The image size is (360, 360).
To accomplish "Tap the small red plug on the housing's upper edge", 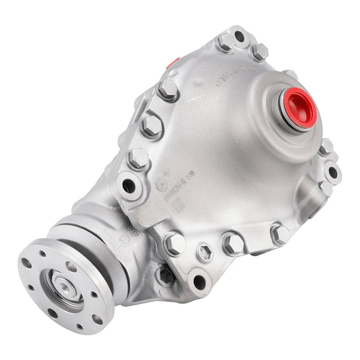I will [x=173, y=62].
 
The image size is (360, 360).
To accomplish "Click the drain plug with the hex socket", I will [x=205, y=253].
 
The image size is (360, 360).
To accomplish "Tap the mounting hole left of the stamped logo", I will [x=128, y=185].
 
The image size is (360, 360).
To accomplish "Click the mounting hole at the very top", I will [x=240, y=37].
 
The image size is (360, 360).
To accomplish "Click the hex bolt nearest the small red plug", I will [x=168, y=89].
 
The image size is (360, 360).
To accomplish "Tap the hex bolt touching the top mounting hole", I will [x=225, y=43].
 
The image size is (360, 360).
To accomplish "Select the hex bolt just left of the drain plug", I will [x=175, y=243].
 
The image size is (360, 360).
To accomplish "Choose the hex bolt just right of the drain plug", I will [x=233, y=243].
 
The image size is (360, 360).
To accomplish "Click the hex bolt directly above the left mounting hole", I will [x=139, y=158].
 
